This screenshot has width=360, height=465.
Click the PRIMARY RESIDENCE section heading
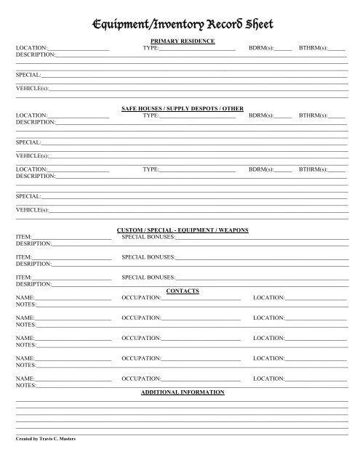182,41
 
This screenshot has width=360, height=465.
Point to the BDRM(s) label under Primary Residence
260,48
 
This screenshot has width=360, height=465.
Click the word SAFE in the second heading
129,108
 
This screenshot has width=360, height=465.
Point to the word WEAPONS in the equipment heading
234,230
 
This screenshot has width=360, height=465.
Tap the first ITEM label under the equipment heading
23,237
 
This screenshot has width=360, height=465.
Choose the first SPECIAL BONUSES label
148,237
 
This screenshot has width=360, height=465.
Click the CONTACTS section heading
183,291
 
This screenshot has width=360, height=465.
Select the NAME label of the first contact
25,298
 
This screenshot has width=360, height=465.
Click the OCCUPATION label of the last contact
141,379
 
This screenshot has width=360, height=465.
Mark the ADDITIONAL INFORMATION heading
183,392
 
